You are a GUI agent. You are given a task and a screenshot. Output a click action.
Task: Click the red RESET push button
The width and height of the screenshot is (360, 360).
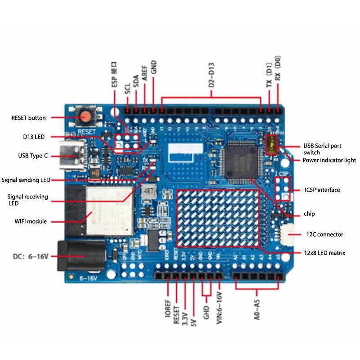(x=85, y=118)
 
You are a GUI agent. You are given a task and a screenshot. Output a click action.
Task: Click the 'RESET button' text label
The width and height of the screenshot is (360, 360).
(x=28, y=118)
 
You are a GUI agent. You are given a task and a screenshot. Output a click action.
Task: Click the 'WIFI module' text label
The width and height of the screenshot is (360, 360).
(x=31, y=221)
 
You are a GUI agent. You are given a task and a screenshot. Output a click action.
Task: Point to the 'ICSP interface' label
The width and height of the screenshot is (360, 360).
(x=322, y=190)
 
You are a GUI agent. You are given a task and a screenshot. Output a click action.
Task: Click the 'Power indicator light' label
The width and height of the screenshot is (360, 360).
(x=329, y=160)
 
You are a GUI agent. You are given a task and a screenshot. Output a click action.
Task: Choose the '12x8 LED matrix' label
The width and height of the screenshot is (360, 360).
(x=324, y=253)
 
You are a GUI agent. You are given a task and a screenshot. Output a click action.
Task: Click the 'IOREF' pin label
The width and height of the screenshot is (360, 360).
(x=167, y=312)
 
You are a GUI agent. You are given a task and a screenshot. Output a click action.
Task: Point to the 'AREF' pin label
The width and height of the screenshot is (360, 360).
(x=145, y=72)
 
